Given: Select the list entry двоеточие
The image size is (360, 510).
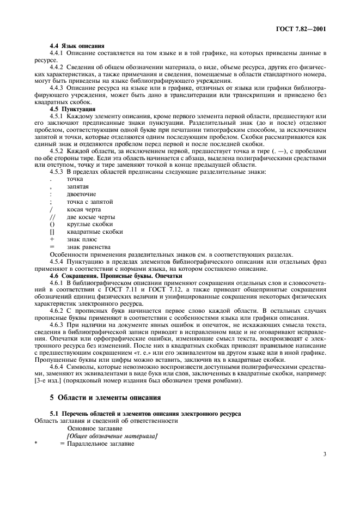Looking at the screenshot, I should [x=81, y=193].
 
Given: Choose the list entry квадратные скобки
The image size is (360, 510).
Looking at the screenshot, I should [x=90, y=232].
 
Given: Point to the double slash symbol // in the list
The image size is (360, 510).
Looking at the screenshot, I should [x=52, y=216].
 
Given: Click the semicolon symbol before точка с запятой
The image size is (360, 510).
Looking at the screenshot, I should [x=51, y=201].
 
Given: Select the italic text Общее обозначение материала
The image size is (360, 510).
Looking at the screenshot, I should [x=112, y=436].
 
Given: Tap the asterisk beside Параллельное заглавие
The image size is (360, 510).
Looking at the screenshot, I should [x=35, y=444].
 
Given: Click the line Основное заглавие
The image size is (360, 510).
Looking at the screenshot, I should [x=95, y=428].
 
